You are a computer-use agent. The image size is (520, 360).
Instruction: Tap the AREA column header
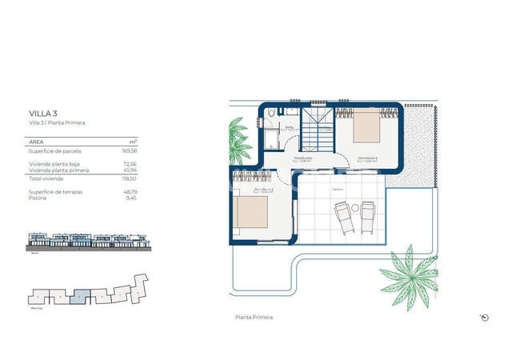(35, 140)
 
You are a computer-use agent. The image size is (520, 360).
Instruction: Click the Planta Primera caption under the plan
(254, 318)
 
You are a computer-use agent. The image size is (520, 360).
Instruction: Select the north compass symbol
(484, 317)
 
